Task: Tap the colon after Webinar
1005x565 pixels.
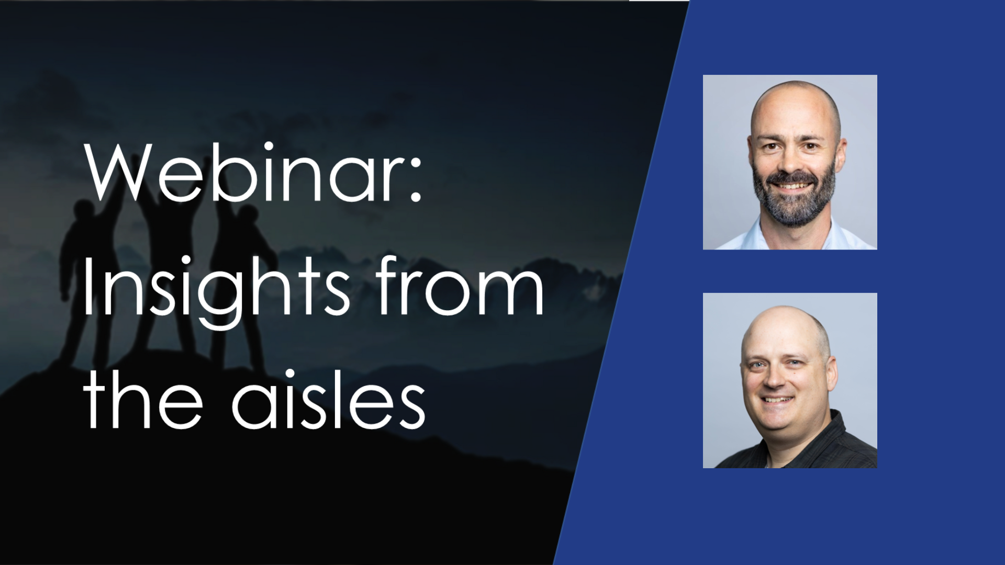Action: point(416,180)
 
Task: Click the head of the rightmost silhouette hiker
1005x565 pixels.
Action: point(249,214)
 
